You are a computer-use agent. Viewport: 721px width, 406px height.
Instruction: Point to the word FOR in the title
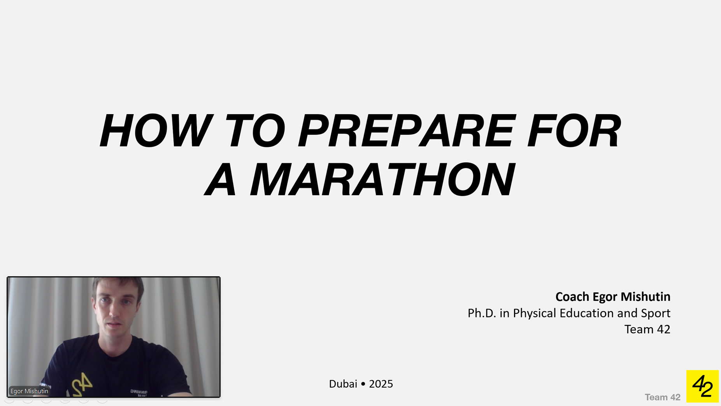[x=574, y=131]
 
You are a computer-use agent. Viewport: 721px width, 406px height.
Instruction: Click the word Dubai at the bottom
[x=343, y=384]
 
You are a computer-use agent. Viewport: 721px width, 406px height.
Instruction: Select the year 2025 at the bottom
[x=381, y=384]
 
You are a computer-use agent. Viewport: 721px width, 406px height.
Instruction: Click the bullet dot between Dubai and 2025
[x=363, y=384]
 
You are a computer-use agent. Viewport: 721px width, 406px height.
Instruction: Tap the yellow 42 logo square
[x=702, y=386]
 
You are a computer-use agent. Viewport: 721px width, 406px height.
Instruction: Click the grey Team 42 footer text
[x=662, y=397]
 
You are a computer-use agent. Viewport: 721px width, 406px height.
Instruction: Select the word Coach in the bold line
[x=572, y=297]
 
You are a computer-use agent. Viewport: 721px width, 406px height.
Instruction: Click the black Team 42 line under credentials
[x=647, y=330]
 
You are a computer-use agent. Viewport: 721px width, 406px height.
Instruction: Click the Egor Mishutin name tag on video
[x=29, y=391]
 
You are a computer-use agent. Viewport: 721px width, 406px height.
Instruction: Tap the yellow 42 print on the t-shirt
[x=82, y=384]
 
